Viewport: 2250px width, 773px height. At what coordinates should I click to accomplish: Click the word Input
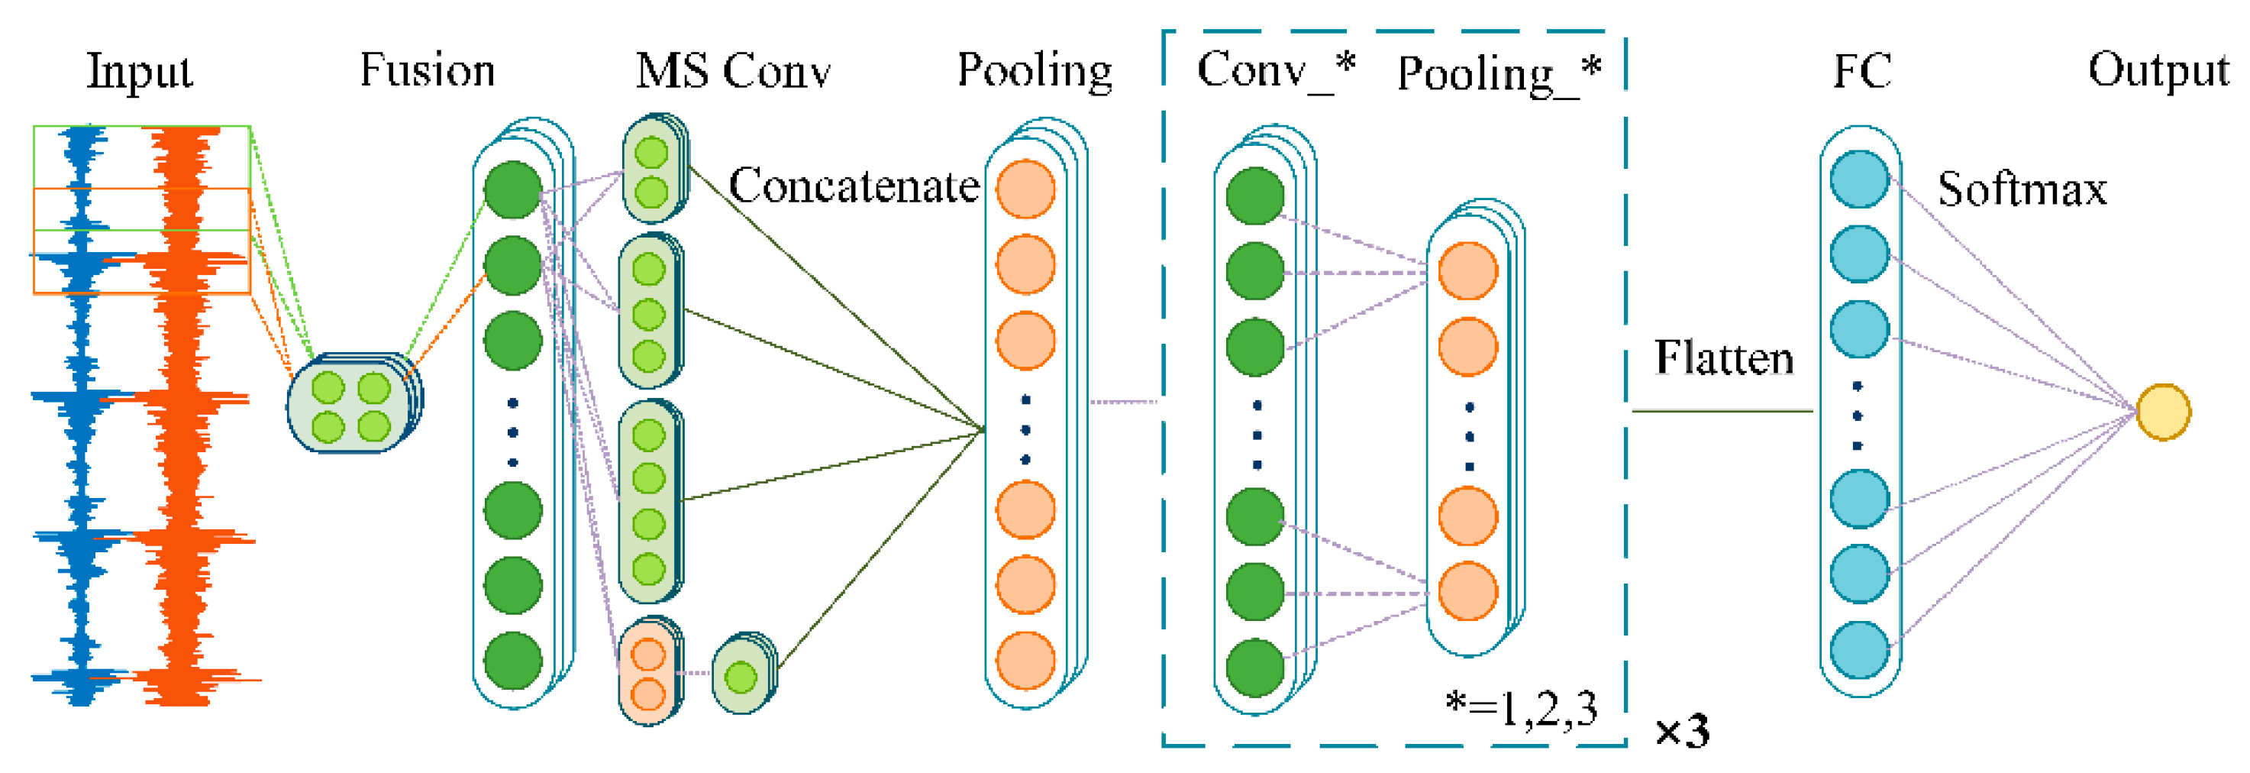(140, 72)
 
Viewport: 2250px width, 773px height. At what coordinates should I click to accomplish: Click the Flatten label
(1723, 358)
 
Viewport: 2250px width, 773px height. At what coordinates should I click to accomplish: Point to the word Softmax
(2021, 189)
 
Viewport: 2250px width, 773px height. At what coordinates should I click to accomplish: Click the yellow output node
(2163, 412)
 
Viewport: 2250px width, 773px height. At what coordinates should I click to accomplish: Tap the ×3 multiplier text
(1681, 730)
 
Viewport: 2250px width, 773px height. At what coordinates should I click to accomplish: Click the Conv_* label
(1275, 70)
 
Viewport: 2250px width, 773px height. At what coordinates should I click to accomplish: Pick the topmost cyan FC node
(1860, 179)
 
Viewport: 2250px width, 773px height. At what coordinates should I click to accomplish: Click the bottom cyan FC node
(1860, 650)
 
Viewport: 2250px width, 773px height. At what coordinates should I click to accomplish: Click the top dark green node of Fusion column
(513, 189)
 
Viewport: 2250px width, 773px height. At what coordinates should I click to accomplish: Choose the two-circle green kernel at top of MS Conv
(653, 171)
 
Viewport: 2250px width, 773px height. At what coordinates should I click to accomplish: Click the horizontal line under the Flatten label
(1722, 410)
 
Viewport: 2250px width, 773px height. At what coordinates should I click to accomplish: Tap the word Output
(2158, 70)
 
